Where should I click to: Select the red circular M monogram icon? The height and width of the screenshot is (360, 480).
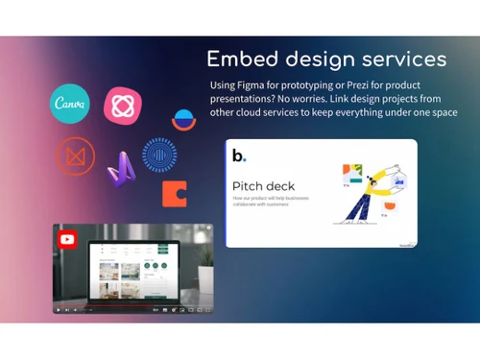(74, 155)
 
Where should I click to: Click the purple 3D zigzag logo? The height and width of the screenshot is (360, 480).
(121, 169)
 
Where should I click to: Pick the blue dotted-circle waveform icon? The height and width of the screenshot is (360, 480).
(159, 155)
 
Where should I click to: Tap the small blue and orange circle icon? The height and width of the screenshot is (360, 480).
(181, 121)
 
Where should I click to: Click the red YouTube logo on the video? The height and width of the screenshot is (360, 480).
(67, 239)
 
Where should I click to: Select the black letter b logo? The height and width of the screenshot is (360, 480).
(238, 154)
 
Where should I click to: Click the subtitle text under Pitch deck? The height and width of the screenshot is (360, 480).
(276, 202)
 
